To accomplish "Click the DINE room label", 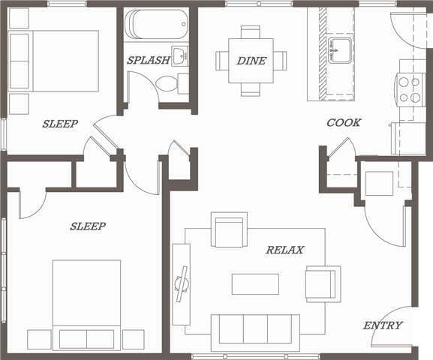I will pos(251,61).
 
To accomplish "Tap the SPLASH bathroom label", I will pos(148,61).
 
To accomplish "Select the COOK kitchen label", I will pos(344,122).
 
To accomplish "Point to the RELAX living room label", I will pos(285,250).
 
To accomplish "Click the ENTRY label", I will pos(383,325).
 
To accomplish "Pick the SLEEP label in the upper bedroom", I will pos(60,124).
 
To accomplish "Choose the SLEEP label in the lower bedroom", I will pos(88,226).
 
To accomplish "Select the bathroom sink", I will pos(180,54).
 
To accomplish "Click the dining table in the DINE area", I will pos(251,61).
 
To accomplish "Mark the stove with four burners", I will pos(410,90).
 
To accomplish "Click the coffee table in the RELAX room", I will pos(255,284).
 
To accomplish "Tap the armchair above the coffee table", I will pos(230,232).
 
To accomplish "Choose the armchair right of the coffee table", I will pos(322,283).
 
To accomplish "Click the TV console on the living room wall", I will pos(180,283).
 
